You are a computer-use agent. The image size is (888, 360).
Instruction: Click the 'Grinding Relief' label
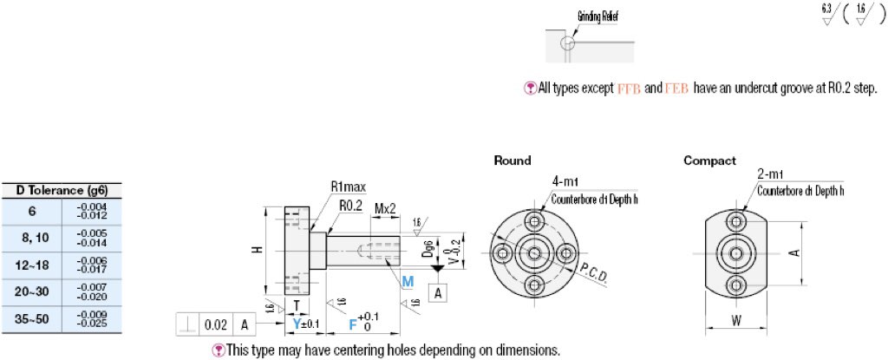click(598, 16)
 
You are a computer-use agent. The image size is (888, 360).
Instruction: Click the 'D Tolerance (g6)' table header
click(62, 190)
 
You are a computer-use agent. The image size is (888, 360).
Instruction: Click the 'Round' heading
click(512, 160)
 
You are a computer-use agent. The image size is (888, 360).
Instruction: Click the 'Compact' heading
click(709, 160)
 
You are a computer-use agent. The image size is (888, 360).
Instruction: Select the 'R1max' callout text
click(345, 187)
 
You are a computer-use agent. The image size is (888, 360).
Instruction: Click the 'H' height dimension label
click(256, 250)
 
